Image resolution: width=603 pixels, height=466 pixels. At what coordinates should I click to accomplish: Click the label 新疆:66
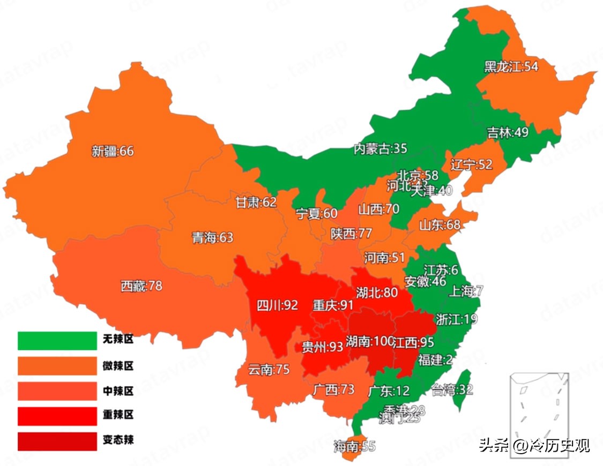pyautogui.click(x=113, y=152)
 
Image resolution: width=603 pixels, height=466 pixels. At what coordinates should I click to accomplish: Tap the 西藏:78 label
pyautogui.click(x=141, y=286)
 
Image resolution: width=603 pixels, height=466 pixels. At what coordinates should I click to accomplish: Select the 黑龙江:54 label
pyautogui.click(x=511, y=66)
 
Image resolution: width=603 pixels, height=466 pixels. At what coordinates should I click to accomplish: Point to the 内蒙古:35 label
pyautogui.click(x=380, y=148)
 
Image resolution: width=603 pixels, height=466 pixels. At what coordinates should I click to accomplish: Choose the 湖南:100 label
pyautogui.click(x=370, y=341)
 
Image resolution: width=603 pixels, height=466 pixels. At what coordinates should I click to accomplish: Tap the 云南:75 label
pyautogui.click(x=269, y=369)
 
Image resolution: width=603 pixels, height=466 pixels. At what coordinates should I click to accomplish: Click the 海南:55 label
pyautogui.click(x=354, y=446)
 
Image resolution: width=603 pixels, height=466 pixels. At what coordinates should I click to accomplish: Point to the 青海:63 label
pyautogui.click(x=213, y=237)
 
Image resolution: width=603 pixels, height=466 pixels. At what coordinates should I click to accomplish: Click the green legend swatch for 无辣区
pyautogui.click(x=57, y=341)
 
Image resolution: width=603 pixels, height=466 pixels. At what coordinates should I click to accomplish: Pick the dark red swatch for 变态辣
pyautogui.click(x=57, y=441)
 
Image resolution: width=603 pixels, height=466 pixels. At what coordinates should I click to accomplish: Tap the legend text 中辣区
pyautogui.click(x=118, y=391)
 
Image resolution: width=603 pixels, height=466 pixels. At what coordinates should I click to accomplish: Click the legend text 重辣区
pyautogui.click(x=118, y=415)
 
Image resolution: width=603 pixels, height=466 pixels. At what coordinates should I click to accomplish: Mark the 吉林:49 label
pyautogui.click(x=508, y=132)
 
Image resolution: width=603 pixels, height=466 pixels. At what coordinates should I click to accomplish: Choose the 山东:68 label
pyautogui.click(x=440, y=224)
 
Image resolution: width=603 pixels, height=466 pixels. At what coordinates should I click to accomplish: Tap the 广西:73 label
pyautogui.click(x=333, y=389)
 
